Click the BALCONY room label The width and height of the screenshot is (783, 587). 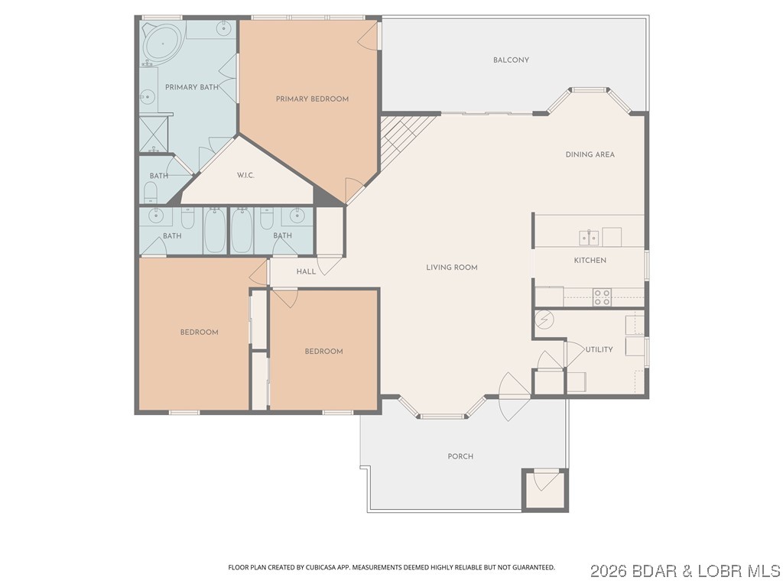pos(511,60)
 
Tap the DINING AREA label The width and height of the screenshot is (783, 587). pos(590,154)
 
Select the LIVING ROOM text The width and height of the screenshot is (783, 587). pos(452,268)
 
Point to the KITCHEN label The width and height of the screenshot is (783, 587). pos(590,261)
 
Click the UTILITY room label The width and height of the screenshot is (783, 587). pos(599,349)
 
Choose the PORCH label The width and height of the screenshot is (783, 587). pos(460,456)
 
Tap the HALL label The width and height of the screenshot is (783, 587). pos(306,271)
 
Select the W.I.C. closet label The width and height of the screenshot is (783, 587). pos(245,176)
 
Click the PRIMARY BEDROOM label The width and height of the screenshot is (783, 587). pos(312,99)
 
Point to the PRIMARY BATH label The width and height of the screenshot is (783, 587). pos(192,87)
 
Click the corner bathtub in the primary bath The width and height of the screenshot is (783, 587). pos(161,43)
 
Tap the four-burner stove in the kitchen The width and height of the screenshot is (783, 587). pos(602,297)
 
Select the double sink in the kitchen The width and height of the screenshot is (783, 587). pos(588,238)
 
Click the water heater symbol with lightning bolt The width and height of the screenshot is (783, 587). pos(545,319)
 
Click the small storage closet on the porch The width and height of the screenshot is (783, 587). pos(544,489)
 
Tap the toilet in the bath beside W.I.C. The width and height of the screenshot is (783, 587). pos(151,192)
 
